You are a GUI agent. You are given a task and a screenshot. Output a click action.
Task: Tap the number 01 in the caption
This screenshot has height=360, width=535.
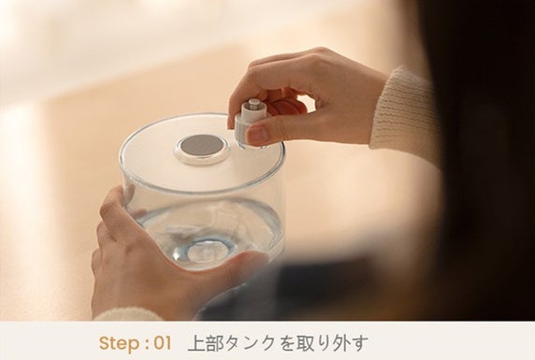(x=163, y=343)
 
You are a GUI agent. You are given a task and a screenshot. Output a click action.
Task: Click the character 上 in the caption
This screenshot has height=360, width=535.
(x=196, y=343)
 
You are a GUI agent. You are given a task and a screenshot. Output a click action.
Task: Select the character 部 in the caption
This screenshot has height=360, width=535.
(x=215, y=343)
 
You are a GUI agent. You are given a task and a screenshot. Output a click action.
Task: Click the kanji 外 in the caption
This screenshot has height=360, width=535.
(x=340, y=343)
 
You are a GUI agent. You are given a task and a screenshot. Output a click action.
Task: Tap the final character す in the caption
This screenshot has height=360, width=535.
(x=359, y=343)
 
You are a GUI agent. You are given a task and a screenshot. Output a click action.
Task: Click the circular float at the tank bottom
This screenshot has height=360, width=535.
(x=204, y=252)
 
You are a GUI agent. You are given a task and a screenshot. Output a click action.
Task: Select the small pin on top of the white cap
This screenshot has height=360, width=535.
(x=253, y=102)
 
